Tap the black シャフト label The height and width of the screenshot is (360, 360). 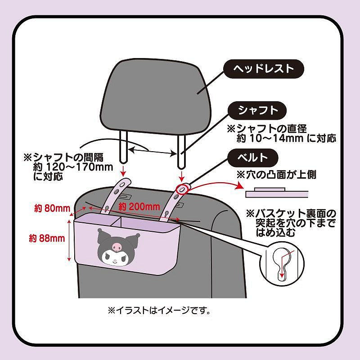(259, 110)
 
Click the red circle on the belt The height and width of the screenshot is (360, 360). (182, 189)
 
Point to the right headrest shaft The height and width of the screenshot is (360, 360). (181, 148)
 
